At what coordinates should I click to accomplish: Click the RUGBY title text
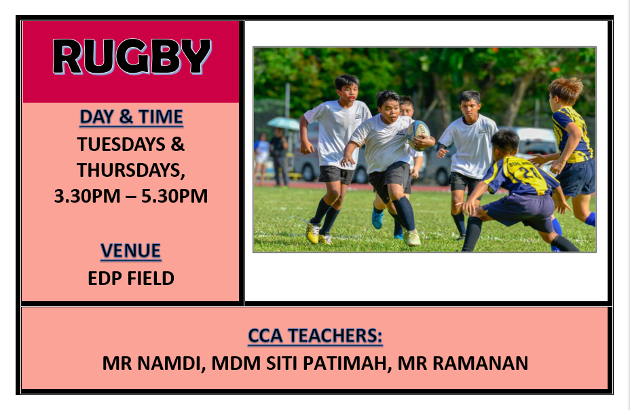pos(132,56)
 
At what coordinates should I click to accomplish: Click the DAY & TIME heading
pos(131,117)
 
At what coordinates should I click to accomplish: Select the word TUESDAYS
pos(122,144)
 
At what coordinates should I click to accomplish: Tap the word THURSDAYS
pos(131,170)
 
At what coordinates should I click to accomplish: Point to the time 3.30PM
pos(87,196)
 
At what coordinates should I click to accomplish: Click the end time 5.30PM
pos(174,196)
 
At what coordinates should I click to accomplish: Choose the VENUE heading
pos(131,251)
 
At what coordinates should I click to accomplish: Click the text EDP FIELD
pos(131,278)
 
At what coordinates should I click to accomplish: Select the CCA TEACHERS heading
pos(315,336)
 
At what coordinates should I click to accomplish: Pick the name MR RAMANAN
pos(463,363)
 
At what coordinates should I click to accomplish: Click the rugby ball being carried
pos(419,135)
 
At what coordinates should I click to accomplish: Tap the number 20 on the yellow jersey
pos(527,173)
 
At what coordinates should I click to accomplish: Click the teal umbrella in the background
pos(283,122)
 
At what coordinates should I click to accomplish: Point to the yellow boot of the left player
pos(312,233)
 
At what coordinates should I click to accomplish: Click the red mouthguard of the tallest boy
pos(352,98)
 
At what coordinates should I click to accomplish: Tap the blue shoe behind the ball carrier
pos(377,220)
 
